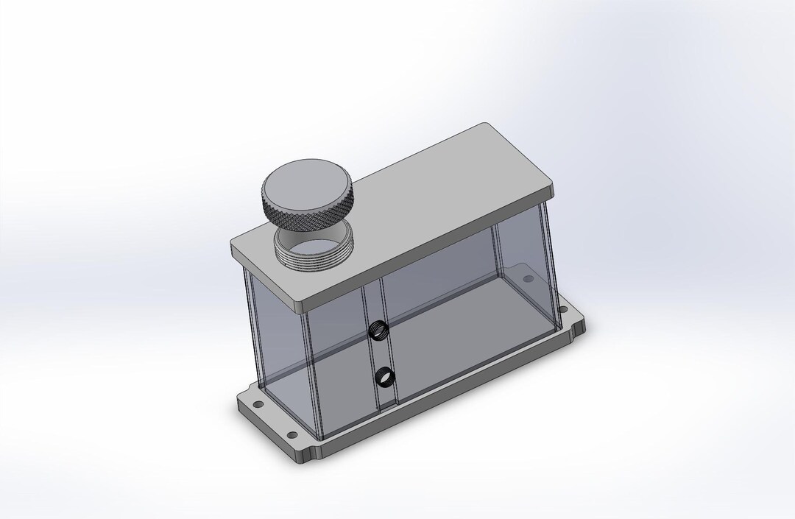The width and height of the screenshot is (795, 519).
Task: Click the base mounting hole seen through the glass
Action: click(x=527, y=280)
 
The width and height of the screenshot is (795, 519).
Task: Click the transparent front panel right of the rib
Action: click(x=456, y=324)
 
